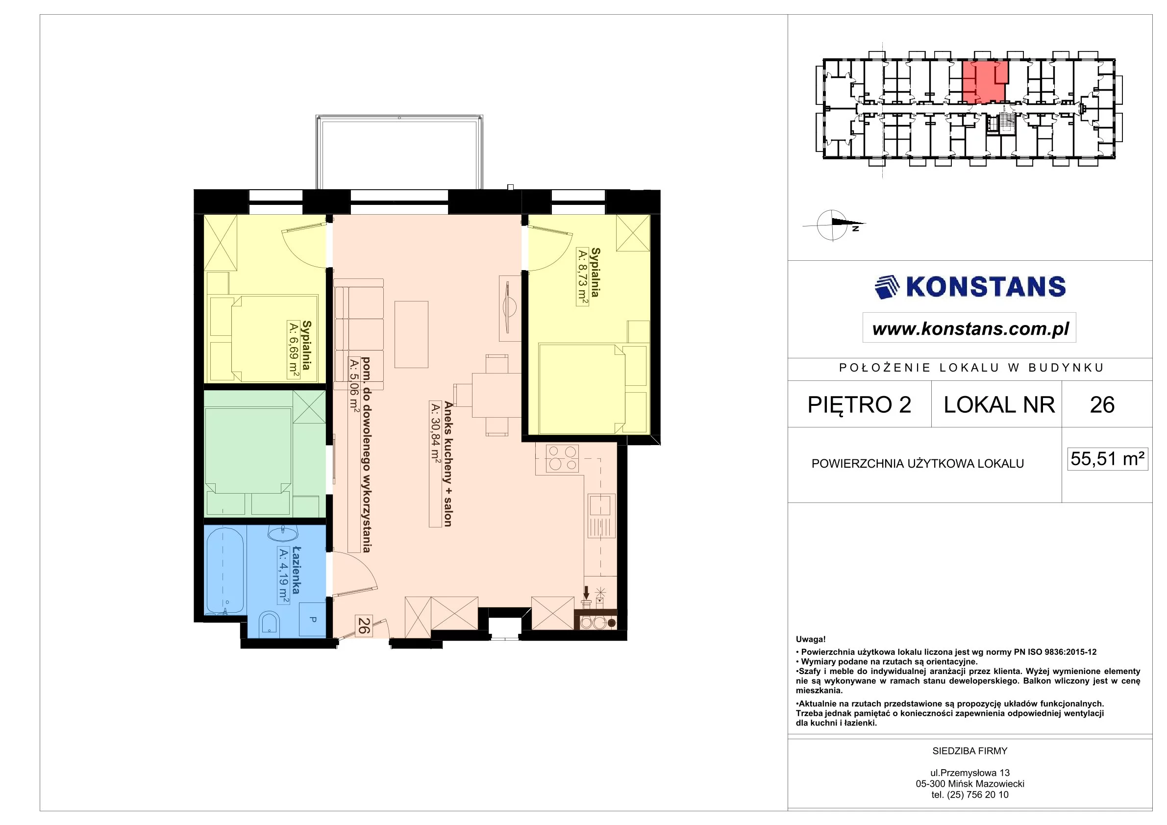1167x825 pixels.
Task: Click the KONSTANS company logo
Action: tap(970, 287)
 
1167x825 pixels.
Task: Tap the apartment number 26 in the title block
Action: tap(1102, 404)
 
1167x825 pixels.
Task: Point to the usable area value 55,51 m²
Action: tap(1108, 458)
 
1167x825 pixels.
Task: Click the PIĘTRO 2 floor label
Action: tap(860, 404)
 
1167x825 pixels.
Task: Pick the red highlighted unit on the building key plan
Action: tap(985, 82)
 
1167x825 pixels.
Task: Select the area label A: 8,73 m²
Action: tap(582, 277)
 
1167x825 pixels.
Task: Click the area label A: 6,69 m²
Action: tap(293, 350)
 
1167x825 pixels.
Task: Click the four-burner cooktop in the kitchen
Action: tap(562, 458)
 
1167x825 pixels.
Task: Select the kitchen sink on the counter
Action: tap(602, 515)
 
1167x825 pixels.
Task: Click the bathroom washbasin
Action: tap(283, 533)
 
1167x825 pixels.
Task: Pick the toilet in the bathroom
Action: tap(269, 625)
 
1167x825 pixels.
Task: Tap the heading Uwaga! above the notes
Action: tap(811, 640)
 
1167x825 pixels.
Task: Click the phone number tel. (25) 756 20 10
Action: tap(970, 795)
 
